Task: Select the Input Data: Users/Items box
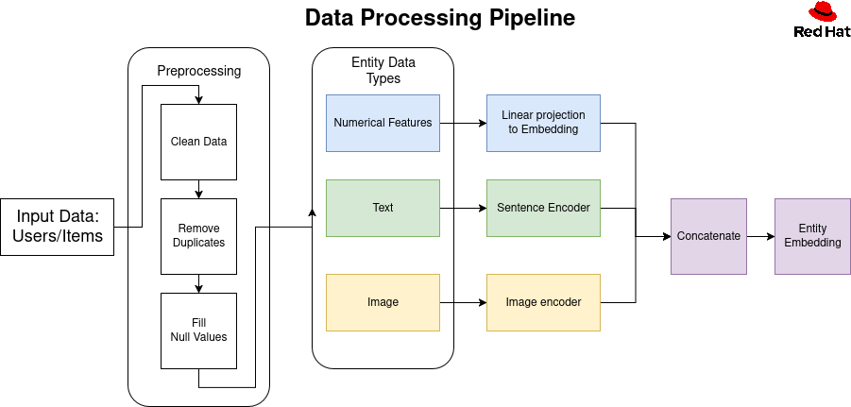58,227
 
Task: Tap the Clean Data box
198,142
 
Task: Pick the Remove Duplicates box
198,235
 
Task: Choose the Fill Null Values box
198,330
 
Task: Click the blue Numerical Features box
383,123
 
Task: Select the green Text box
383,208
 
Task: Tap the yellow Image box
383,302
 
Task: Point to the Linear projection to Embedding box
543,123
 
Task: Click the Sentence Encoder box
543,208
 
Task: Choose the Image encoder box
543,302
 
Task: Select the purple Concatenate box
708,236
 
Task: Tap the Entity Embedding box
812,236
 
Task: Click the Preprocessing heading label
198,71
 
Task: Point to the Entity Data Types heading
383,71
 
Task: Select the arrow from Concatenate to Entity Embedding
760,236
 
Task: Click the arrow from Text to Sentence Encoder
463,208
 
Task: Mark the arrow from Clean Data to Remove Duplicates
198,189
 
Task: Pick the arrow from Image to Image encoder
463,302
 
